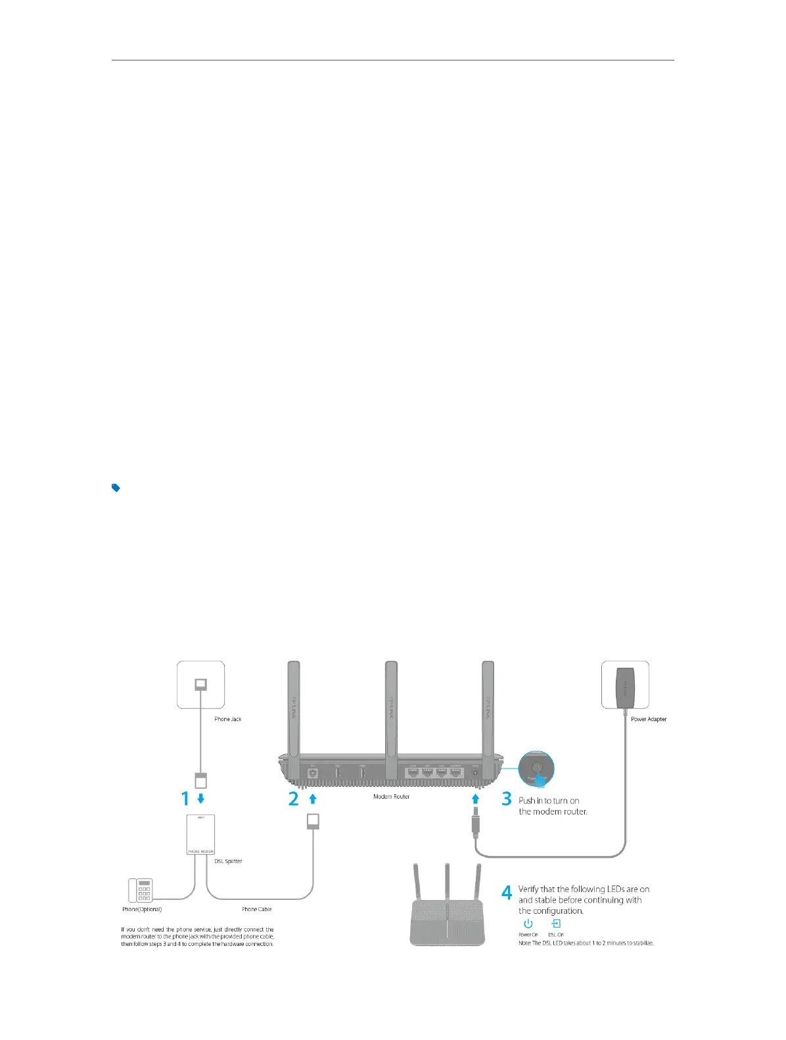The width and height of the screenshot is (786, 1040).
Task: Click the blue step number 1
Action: pyautogui.click(x=185, y=799)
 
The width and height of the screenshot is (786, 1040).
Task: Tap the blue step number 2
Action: pyautogui.click(x=293, y=799)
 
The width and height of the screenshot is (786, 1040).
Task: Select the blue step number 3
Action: pyautogui.click(x=506, y=799)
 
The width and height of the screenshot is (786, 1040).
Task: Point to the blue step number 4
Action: pyautogui.click(x=507, y=893)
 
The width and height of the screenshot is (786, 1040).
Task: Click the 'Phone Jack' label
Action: pyautogui.click(x=227, y=719)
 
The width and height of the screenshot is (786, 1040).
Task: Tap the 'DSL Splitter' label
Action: pyautogui.click(x=228, y=861)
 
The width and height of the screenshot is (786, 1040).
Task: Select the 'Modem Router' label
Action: pyautogui.click(x=391, y=797)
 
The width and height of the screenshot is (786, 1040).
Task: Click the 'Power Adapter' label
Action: pyautogui.click(x=649, y=719)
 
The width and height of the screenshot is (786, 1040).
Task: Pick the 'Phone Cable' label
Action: pyautogui.click(x=256, y=909)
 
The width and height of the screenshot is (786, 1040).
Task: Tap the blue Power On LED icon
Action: pyautogui.click(x=528, y=924)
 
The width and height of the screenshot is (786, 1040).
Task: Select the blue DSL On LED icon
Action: pyautogui.click(x=556, y=924)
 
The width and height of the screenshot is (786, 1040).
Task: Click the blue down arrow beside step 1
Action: pyautogui.click(x=201, y=799)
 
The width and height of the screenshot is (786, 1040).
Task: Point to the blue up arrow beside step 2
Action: pyautogui.click(x=313, y=799)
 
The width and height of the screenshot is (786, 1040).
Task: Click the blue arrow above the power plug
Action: pyautogui.click(x=475, y=799)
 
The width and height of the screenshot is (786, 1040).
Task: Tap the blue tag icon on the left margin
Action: pyautogui.click(x=116, y=488)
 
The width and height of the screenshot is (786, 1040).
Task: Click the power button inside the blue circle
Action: pyautogui.click(x=537, y=767)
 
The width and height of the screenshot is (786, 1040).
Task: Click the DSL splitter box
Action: pyautogui.click(x=201, y=834)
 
